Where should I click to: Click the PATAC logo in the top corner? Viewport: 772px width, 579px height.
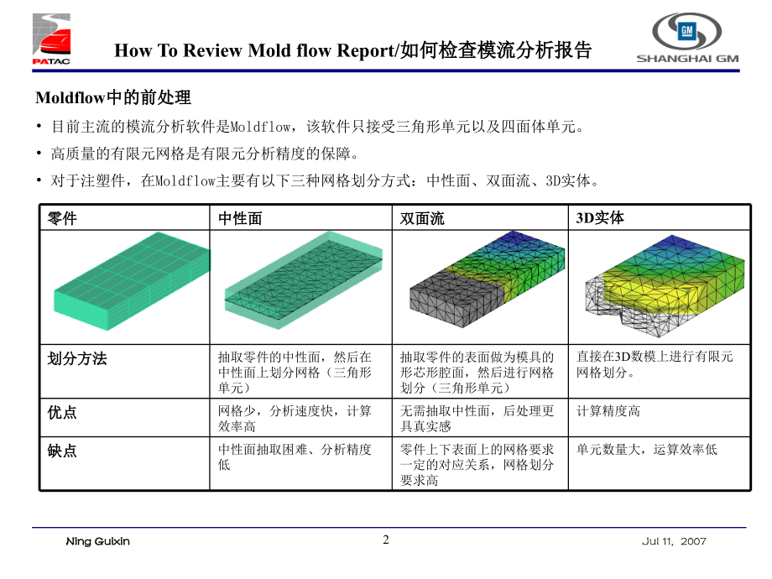tap(52, 39)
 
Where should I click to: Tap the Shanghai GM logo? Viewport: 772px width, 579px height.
tap(686, 39)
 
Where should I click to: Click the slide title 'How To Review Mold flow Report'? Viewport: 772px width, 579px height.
tap(352, 50)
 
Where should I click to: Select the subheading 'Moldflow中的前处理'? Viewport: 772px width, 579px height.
tap(113, 97)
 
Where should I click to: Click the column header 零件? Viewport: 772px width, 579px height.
tap(63, 218)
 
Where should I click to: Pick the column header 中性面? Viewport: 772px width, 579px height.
tap(241, 218)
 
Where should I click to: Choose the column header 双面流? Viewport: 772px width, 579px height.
tap(422, 218)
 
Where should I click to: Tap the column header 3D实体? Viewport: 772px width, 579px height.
tap(600, 217)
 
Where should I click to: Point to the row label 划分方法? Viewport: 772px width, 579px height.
tap(77, 358)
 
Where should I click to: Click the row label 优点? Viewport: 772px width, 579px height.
tap(63, 412)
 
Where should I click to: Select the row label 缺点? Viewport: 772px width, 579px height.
tap(63, 451)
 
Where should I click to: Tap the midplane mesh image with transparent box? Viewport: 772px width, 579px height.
tap(302, 281)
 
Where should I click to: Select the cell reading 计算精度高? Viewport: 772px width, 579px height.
tap(608, 411)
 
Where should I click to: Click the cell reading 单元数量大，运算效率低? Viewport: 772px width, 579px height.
tap(646, 450)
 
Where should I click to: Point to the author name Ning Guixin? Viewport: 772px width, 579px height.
tap(98, 542)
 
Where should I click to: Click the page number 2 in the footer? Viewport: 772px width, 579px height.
tap(386, 540)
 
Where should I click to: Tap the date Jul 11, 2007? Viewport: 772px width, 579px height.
tap(674, 542)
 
